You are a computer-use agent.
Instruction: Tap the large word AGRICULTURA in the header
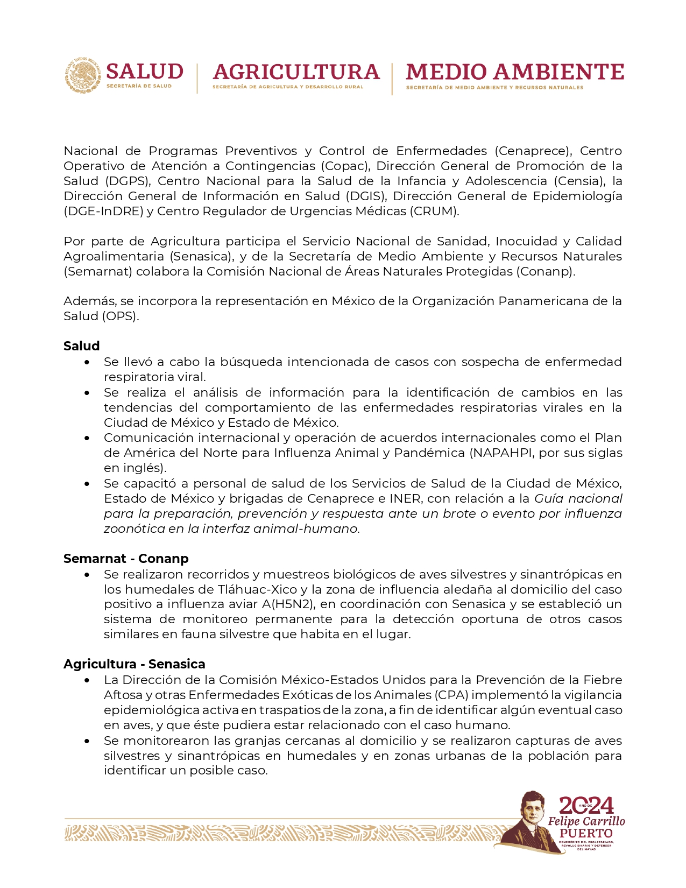click(x=296, y=72)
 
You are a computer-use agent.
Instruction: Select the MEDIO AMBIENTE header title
click(x=514, y=72)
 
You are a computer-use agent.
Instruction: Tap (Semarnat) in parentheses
click(x=98, y=271)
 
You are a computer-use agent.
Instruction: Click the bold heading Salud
click(x=82, y=346)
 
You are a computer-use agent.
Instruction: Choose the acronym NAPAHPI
click(x=504, y=453)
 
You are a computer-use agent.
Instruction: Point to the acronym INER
click(x=405, y=498)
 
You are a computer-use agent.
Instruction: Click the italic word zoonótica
click(x=135, y=528)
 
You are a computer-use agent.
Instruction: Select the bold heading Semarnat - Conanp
click(x=126, y=559)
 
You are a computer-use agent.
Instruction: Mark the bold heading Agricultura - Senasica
click(x=135, y=664)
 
